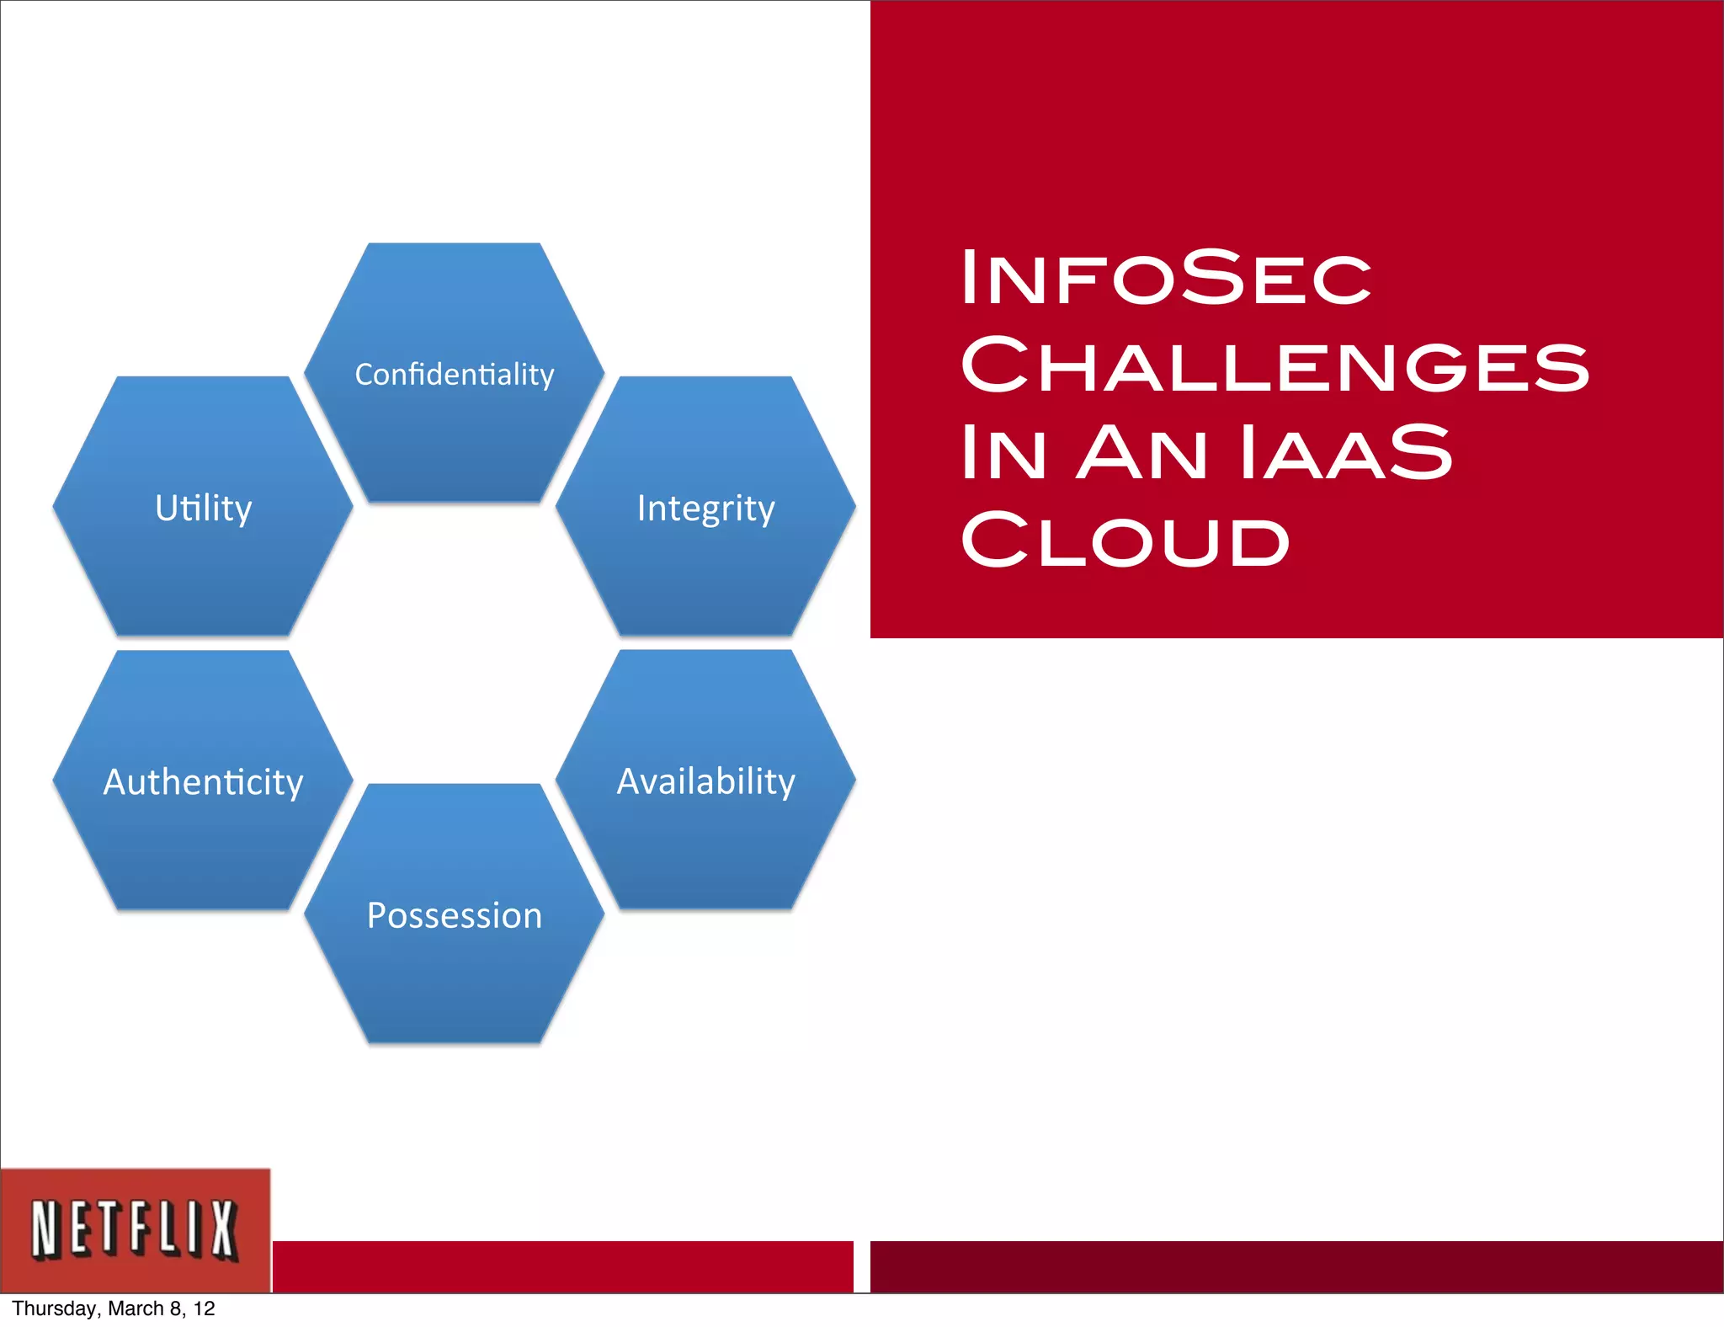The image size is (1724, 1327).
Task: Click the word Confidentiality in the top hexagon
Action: click(x=455, y=375)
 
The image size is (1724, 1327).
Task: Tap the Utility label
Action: click(x=203, y=508)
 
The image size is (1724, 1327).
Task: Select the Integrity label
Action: click(x=705, y=508)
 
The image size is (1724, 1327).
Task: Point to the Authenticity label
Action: click(x=203, y=782)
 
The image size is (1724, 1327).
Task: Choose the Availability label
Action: click(x=705, y=781)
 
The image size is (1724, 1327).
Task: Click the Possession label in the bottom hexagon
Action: click(x=455, y=915)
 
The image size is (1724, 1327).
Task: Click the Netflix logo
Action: click(x=135, y=1230)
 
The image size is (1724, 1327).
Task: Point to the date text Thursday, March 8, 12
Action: click(x=114, y=1308)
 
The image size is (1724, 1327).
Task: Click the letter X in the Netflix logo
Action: click(x=223, y=1230)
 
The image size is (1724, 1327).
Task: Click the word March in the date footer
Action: click(x=136, y=1308)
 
